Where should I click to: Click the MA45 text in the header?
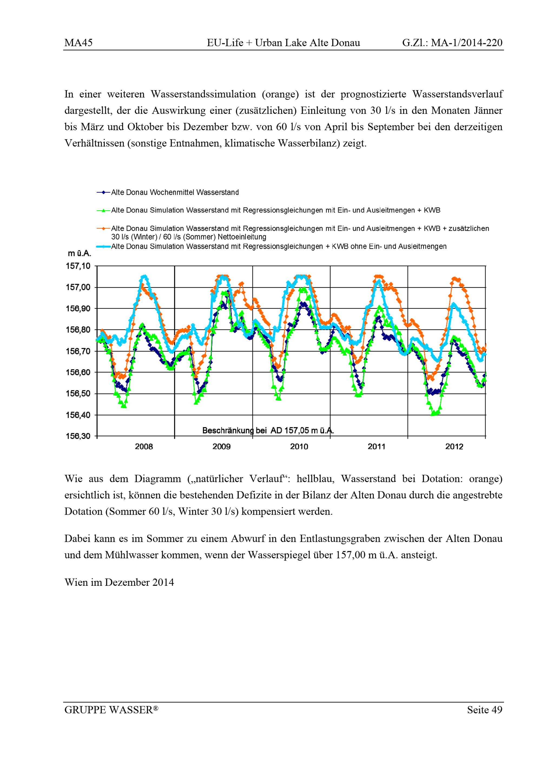tap(78, 43)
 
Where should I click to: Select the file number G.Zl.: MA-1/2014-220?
tap(452, 43)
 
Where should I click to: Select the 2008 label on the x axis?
tap(144, 447)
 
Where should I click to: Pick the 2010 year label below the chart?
tap(299, 447)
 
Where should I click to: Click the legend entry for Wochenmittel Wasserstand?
tap(175, 192)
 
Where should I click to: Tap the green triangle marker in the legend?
tap(103, 211)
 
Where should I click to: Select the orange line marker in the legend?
tap(103, 229)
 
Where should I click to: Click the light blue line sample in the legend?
tap(103, 247)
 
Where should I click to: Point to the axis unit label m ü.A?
tap(79, 254)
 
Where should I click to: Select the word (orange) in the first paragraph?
tap(280, 94)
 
